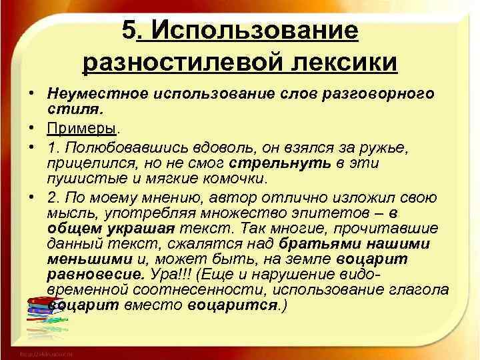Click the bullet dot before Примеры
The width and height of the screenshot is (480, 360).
[32, 125]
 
